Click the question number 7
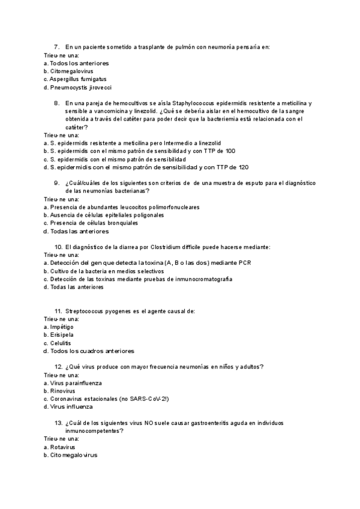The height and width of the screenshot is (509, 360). (x=56, y=47)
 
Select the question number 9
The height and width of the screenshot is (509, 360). (x=56, y=182)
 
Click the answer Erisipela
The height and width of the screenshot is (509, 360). (x=61, y=334)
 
